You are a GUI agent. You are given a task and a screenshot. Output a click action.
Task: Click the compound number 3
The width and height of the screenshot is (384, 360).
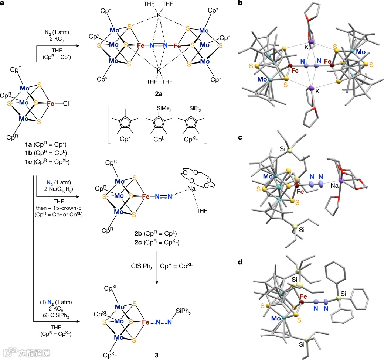pos(157,355)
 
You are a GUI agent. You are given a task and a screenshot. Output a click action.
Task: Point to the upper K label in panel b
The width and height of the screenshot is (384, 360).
pos(307,47)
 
